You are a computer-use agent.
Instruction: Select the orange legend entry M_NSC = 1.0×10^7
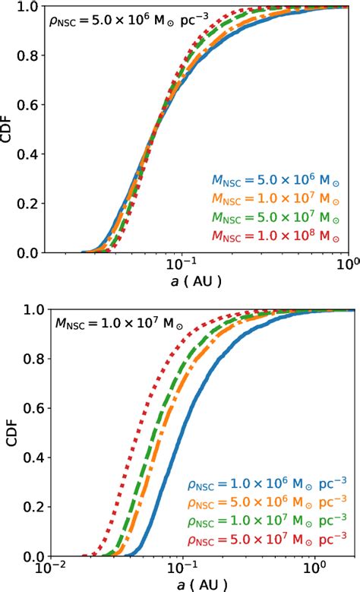click(x=271, y=202)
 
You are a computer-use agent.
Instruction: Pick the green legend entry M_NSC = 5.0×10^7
click(x=271, y=220)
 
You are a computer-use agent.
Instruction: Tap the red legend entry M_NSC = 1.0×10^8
click(x=271, y=239)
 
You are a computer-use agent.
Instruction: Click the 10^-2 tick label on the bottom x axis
click(x=51, y=568)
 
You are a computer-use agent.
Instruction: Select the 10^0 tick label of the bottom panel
click(x=314, y=568)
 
